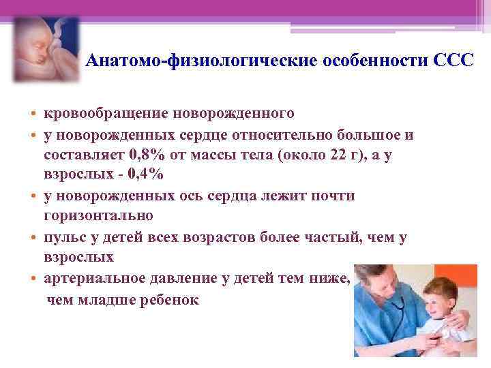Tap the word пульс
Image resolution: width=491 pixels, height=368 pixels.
(65, 238)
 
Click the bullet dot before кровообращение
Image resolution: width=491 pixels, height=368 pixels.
(33, 113)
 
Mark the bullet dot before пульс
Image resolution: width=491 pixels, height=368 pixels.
(33, 239)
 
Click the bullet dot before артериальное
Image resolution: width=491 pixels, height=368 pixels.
(33, 280)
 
